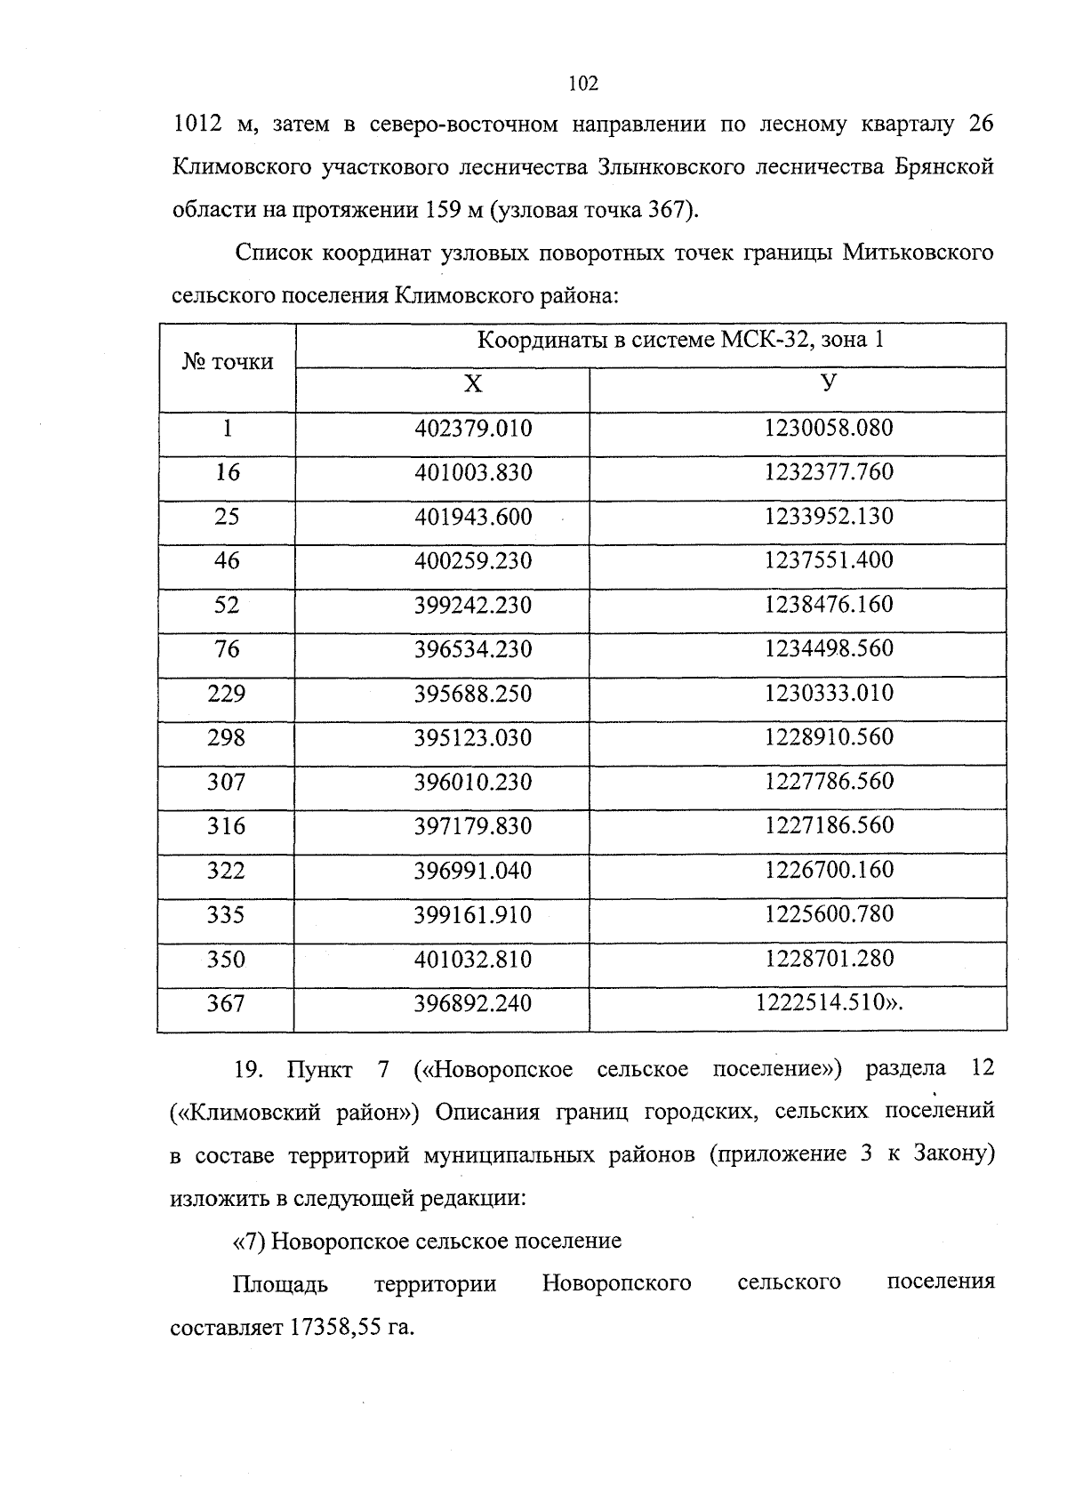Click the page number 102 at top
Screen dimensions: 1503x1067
pos(583,84)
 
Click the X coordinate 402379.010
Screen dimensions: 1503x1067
pos(473,429)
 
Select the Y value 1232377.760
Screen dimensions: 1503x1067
pos(829,472)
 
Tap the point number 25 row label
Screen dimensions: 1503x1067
pos(227,517)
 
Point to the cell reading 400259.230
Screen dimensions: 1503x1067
pos(473,561)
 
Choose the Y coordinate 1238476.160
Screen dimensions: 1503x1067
pos(829,605)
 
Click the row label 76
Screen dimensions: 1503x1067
pos(227,649)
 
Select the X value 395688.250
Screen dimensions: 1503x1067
pos(473,694)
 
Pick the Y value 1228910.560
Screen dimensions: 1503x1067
pos(829,737)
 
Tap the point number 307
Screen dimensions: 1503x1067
pos(226,782)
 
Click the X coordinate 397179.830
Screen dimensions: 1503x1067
pos(473,826)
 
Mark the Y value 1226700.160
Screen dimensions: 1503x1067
pos(829,870)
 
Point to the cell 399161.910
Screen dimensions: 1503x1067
pos(473,914)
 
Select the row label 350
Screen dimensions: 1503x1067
pos(226,959)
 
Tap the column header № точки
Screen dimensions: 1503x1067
pos(228,362)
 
